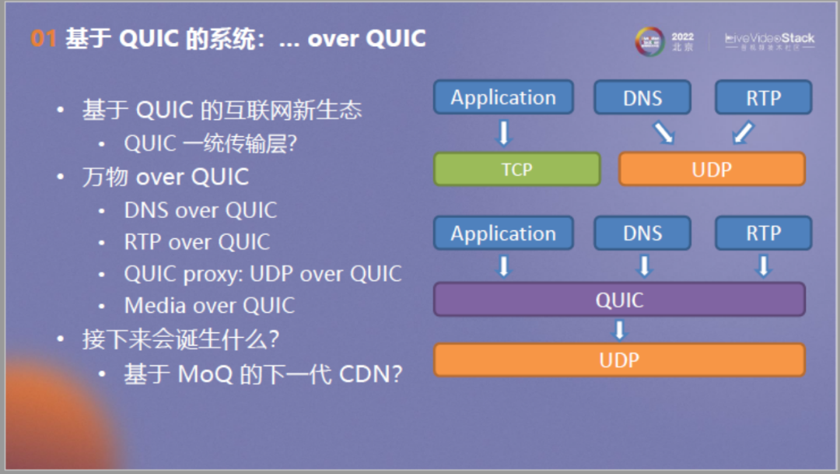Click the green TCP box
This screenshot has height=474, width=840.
click(516, 169)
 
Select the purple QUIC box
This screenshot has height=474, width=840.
click(619, 300)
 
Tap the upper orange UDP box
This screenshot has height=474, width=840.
click(712, 169)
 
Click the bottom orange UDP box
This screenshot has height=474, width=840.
click(619, 360)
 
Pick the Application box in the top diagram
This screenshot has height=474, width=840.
click(503, 97)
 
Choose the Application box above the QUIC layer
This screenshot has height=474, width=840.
click(503, 233)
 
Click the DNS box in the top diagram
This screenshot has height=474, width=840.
click(642, 97)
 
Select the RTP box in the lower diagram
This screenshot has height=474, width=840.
click(763, 233)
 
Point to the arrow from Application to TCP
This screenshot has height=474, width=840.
click(503, 132)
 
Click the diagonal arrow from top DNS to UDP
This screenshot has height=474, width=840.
click(663, 132)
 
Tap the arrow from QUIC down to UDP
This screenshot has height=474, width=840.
click(619, 329)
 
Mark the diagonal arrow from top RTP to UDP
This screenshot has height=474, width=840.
click(743, 132)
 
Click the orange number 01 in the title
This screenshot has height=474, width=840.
click(44, 38)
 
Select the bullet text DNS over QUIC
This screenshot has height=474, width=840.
click(200, 210)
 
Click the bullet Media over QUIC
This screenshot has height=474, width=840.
click(209, 305)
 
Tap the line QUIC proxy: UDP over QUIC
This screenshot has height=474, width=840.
click(262, 274)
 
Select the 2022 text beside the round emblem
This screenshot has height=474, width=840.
click(682, 37)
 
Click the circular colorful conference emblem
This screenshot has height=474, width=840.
click(649, 41)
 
